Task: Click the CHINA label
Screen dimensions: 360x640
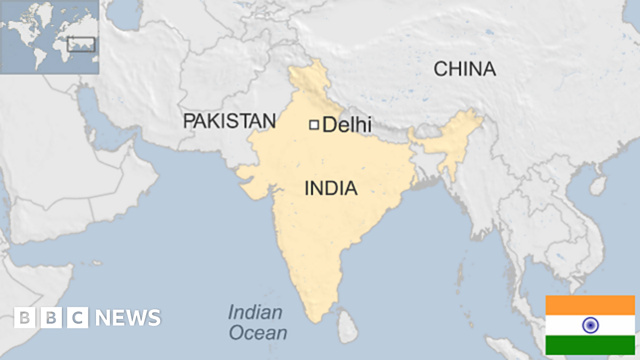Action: pyautogui.click(x=465, y=69)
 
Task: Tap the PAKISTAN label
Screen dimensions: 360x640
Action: pyautogui.click(x=229, y=121)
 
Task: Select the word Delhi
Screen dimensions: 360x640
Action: pyautogui.click(x=347, y=125)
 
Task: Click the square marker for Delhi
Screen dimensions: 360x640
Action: pyautogui.click(x=314, y=125)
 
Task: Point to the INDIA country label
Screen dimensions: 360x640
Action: pyautogui.click(x=331, y=188)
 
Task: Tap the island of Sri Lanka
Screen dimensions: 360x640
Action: pyautogui.click(x=348, y=326)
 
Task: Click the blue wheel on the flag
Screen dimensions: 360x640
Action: pyautogui.click(x=590, y=325)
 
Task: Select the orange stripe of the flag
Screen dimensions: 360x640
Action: pyautogui.click(x=590, y=305)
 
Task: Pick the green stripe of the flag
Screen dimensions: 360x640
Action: pyautogui.click(x=590, y=345)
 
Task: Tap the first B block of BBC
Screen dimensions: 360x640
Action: pyautogui.click(x=25, y=318)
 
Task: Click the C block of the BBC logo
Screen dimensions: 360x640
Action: pyautogui.click(x=78, y=318)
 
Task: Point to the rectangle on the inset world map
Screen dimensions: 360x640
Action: pyautogui.click(x=81, y=44)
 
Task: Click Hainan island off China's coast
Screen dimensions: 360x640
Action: pyautogui.click(x=598, y=185)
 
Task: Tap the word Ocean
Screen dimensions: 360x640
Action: pyautogui.click(x=258, y=333)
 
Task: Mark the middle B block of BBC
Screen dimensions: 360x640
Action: pyautogui.click(x=51, y=318)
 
